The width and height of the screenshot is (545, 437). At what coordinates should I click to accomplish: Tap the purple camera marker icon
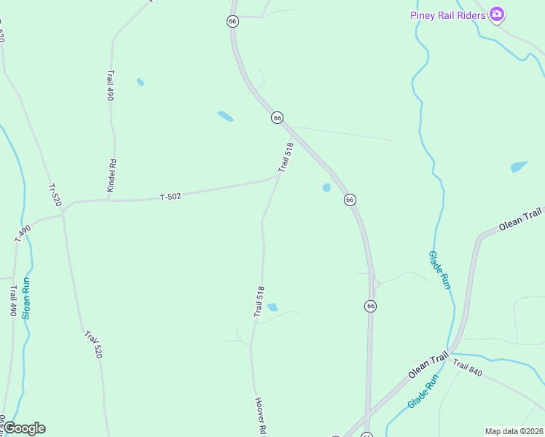(497, 14)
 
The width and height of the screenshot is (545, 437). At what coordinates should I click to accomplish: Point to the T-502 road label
(170, 197)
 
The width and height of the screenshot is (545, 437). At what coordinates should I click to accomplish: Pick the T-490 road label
(23, 234)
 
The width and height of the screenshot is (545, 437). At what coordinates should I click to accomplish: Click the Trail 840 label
(467, 369)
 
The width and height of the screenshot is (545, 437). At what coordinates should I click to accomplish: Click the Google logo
(24, 428)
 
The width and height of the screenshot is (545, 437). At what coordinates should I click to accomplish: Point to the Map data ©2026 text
(514, 431)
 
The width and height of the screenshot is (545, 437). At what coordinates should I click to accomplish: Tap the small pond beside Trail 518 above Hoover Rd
(272, 307)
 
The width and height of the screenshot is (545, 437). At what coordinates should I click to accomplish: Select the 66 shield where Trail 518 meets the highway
(277, 117)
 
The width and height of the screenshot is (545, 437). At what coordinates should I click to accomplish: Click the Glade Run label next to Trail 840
(423, 391)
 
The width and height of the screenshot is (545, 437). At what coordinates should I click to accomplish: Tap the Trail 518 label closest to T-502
(286, 157)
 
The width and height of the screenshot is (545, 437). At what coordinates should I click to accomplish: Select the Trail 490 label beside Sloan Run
(13, 300)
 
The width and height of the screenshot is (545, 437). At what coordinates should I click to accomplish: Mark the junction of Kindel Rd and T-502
(109, 200)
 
